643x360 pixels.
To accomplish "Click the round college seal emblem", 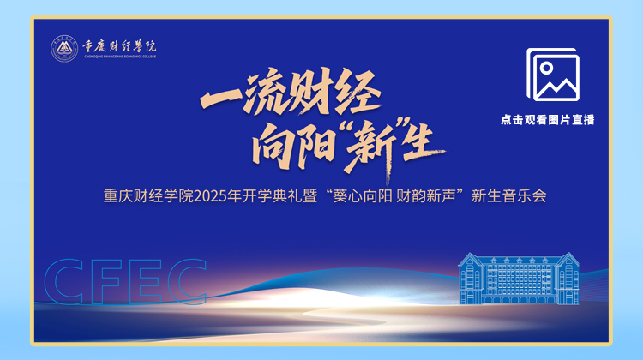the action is (x=64, y=49).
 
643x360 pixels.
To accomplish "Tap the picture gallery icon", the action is (x=553, y=75).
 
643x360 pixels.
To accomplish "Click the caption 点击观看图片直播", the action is (x=548, y=120).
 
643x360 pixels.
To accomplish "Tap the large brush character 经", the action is (x=358, y=92).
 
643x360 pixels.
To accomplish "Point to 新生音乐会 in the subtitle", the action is (x=509, y=196).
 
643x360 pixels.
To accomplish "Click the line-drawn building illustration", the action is (x=519, y=278).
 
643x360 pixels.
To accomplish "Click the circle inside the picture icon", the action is (x=546, y=68).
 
